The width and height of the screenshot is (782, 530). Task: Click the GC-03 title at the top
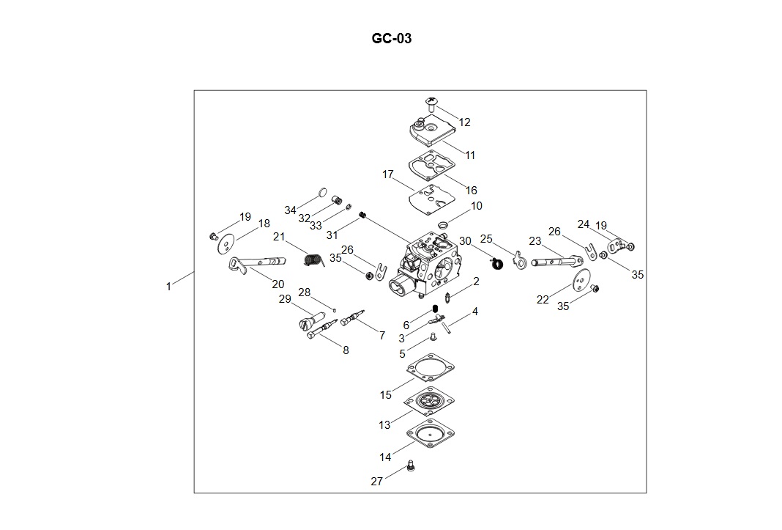tap(392, 39)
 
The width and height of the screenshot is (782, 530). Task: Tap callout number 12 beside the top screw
tap(465, 122)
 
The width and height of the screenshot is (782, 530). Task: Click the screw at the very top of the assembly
tap(431, 103)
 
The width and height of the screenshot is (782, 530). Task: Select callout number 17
tap(388, 174)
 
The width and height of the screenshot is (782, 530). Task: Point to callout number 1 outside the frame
tap(168, 287)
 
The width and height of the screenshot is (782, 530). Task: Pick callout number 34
tap(291, 210)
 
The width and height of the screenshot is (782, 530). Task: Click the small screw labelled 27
tap(410, 465)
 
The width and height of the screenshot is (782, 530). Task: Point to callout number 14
tap(385, 457)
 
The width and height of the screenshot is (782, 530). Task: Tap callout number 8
tap(346, 350)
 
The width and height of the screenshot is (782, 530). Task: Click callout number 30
tap(465, 240)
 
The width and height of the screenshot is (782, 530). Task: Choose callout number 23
tap(535, 241)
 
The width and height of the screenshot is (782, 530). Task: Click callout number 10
tap(477, 206)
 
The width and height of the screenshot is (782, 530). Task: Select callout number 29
tap(285, 299)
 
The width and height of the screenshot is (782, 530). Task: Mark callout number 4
tap(474, 312)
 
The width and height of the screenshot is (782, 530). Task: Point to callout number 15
tap(386, 395)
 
